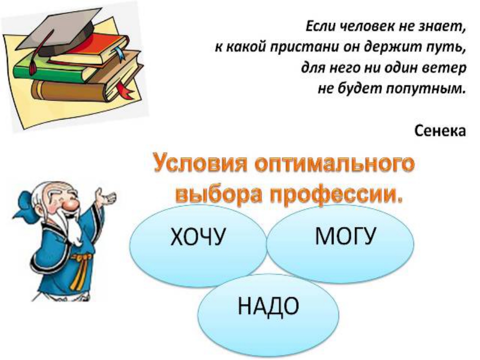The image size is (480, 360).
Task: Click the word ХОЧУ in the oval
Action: (198, 236)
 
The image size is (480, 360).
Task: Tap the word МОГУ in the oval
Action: (345, 236)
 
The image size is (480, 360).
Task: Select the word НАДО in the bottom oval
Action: (268, 306)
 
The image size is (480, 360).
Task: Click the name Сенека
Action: (440, 131)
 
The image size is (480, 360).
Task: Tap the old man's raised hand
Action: (106, 197)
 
